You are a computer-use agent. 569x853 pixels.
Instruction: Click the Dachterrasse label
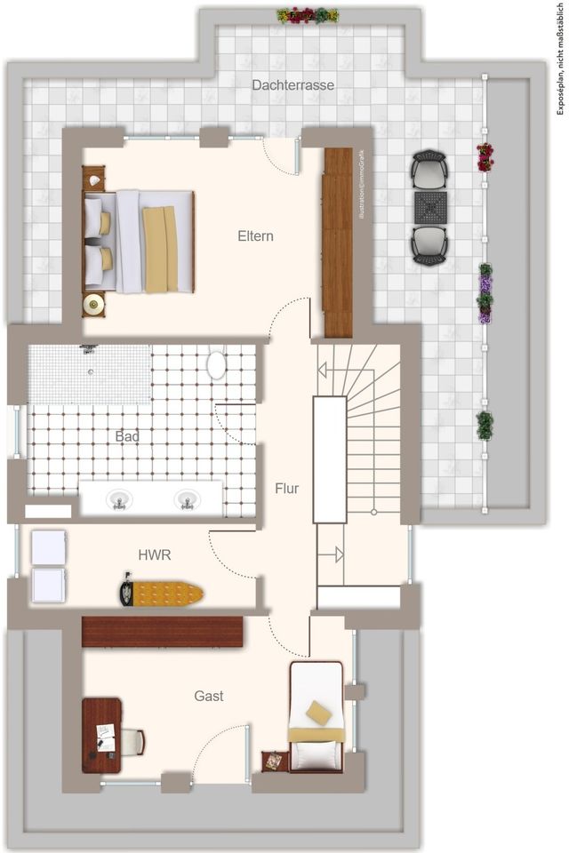pyautogui.click(x=293, y=85)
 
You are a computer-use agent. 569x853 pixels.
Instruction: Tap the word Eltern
pyautogui.click(x=255, y=236)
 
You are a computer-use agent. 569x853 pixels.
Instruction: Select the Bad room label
pyautogui.click(x=127, y=437)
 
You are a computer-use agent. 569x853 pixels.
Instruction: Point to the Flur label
pyautogui.click(x=286, y=489)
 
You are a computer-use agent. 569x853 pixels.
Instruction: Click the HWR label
pyautogui.click(x=154, y=555)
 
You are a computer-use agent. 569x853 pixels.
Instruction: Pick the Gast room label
pyautogui.click(x=209, y=696)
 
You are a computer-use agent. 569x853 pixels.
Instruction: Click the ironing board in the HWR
pyautogui.click(x=162, y=593)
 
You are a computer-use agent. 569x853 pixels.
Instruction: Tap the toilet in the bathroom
pyautogui.click(x=216, y=365)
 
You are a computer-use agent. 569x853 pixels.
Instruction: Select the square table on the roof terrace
pyautogui.click(x=429, y=207)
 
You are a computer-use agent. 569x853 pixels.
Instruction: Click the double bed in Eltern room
pyautogui.click(x=142, y=242)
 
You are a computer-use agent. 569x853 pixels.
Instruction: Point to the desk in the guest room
pyautogui.click(x=101, y=735)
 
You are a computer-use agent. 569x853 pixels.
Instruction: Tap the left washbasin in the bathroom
pyautogui.click(x=118, y=501)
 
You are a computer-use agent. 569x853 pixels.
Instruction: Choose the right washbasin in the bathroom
pyautogui.click(x=187, y=499)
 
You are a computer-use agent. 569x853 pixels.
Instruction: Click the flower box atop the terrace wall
pyautogui.click(x=308, y=15)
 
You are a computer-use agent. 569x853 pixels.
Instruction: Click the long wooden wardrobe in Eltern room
pyautogui.click(x=338, y=242)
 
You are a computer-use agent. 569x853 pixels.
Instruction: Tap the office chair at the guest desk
pyautogui.click(x=131, y=741)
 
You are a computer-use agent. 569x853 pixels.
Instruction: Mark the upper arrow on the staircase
pyautogui.click(x=328, y=370)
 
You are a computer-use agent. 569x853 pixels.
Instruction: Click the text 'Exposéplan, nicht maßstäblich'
pyautogui.click(x=559, y=57)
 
